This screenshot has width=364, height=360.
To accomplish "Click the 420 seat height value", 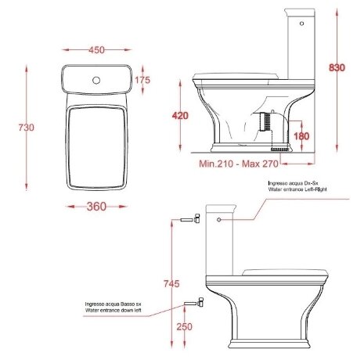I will (x=179, y=116).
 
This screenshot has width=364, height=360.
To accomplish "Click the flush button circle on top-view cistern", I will (x=98, y=80).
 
